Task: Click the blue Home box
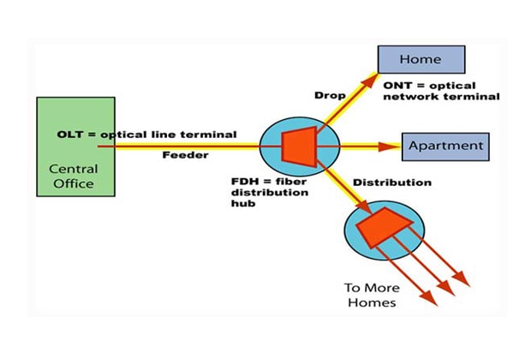pyautogui.click(x=421, y=59)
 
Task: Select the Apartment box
pyautogui.click(x=444, y=147)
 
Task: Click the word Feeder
pyautogui.click(x=182, y=156)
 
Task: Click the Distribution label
pyautogui.click(x=391, y=183)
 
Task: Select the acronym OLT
pyautogui.click(x=71, y=135)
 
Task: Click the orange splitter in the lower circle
pyautogui.click(x=383, y=226)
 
